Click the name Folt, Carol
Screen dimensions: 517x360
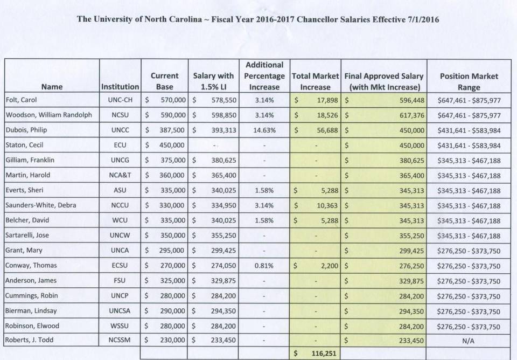tap(21, 100)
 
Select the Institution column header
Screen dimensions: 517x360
tap(120, 87)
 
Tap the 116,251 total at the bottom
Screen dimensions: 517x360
tap(324, 354)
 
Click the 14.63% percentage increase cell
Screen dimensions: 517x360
tap(264, 130)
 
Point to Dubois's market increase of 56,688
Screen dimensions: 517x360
tap(327, 130)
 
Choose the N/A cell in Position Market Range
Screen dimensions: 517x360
tap(468, 341)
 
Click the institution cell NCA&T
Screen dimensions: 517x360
tap(120, 175)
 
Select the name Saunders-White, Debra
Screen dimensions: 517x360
tap(40, 205)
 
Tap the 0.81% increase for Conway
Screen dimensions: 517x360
tap(264, 266)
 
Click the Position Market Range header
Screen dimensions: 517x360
tap(469, 81)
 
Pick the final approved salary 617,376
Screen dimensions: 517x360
tap(412, 115)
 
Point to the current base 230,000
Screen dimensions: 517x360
tap(172, 340)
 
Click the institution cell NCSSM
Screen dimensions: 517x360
tap(120, 340)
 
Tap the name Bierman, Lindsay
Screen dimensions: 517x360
tap(31, 311)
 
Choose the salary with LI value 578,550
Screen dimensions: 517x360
tap(224, 100)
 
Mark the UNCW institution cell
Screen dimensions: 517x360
tap(120, 236)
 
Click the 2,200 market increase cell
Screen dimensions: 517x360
tap(330, 266)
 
